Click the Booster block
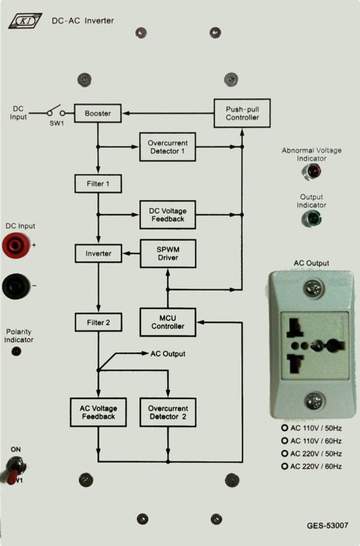pos(98,113)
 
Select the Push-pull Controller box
pos(242,113)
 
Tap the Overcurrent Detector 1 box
pos(168,147)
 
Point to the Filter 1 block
pos(98,184)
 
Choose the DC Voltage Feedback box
pos(168,215)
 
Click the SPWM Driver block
pos(168,253)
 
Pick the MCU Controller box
pos(168,322)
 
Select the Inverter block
pos(98,253)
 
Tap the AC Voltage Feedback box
pos(98,412)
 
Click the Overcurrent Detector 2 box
pos(168,412)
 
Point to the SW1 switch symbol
pos(56,112)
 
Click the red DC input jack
pos(16,245)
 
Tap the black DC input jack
pos(16,286)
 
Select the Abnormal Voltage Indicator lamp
pos(311,171)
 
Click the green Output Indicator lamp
pos(311,219)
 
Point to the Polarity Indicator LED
pos(16,351)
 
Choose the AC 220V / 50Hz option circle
pos(285,453)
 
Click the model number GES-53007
pos(327,526)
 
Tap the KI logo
pos(26,21)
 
